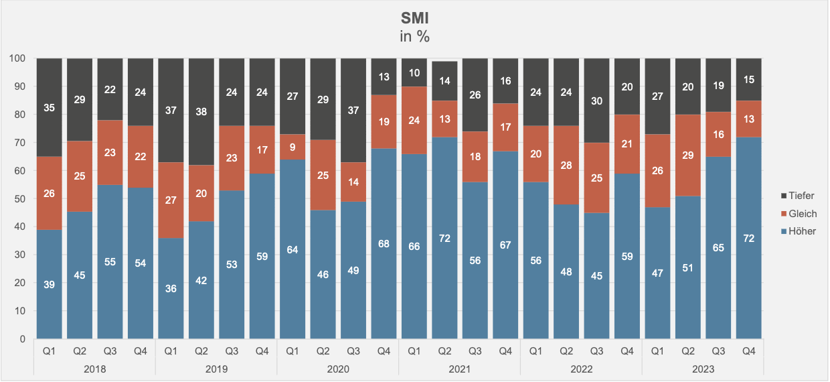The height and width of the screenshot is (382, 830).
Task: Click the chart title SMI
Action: click(x=414, y=19)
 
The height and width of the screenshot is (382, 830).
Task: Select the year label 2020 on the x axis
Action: click(x=338, y=369)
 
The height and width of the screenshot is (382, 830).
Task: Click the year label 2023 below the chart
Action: click(x=703, y=369)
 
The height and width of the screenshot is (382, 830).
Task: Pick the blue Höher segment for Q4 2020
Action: click(x=384, y=243)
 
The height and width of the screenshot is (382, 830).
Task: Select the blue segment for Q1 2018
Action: click(x=50, y=284)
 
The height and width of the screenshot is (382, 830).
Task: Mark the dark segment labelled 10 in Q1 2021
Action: click(x=414, y=72)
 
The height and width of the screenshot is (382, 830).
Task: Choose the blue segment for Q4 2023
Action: click(x=748, y=238)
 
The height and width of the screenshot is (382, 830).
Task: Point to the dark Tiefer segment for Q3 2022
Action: click(x=596, y=101)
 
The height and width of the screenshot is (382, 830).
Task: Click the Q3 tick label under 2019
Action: click(x=232, y=350)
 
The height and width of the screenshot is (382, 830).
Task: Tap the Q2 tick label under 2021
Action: click(x=444, y=350)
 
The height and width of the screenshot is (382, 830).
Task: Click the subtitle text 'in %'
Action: click(x=414, y=36)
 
